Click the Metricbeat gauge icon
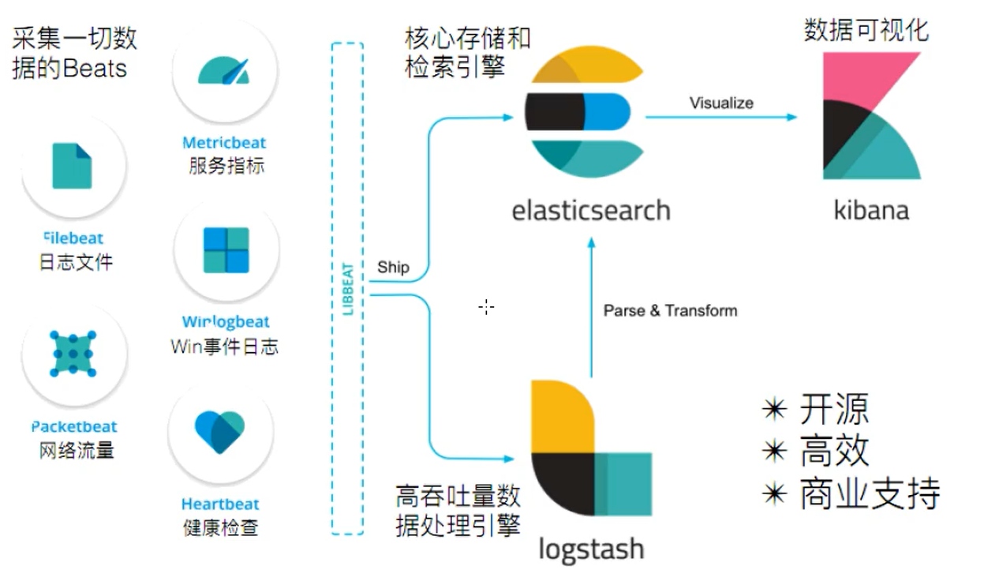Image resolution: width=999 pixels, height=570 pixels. pos(223,70)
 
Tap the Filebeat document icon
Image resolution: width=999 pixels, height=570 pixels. pos(73,166)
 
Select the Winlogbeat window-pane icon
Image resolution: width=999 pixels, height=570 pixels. pos(226,250)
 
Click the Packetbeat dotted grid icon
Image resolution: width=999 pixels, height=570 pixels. pos(73,354)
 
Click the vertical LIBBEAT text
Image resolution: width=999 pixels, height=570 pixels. pos(348,289)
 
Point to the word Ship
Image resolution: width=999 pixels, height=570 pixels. pos(393,267)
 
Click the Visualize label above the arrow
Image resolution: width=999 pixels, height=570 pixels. pos(721,103)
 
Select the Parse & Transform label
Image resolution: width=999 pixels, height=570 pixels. pos(670,310)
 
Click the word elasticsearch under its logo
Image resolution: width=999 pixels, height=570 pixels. pos(591,210)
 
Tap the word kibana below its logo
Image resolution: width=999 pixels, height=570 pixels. pos(871,210)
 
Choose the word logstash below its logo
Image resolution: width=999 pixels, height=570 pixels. pos(591,549)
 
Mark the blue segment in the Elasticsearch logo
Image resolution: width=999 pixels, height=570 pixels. pos(608,111)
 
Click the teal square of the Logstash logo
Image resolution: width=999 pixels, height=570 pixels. pos(623,484)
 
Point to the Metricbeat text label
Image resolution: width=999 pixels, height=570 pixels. pos(224,143)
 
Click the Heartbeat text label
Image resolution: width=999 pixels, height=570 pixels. pos(220,504)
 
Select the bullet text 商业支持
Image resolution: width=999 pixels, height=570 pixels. pos(870,493)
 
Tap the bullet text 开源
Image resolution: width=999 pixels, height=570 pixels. pos(834,409)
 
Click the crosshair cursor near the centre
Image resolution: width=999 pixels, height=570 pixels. pos(486,306)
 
